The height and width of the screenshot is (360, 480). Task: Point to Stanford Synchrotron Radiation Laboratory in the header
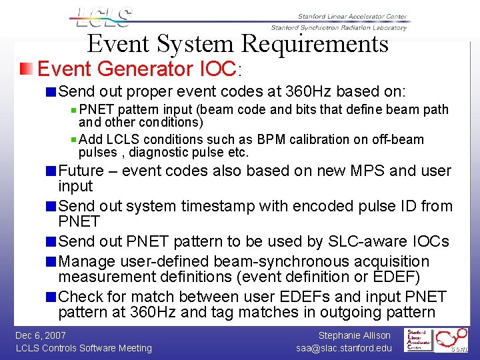pyautogui.click(x=338, y=27)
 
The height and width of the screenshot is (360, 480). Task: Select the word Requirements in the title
pyautogui.click(x=315, y=44)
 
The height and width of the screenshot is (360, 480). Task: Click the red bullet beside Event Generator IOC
pyautogui.click(x=25, y=69)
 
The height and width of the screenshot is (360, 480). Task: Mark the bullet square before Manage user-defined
pyautogui.click(x=51, y=261)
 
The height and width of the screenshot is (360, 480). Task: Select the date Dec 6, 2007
pyautogui.click(x=41, y=335)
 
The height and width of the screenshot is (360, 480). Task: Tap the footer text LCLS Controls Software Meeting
pyautogui.click(x=83, y=348)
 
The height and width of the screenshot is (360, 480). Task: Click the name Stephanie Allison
pyautogui.click(x=354, y=335)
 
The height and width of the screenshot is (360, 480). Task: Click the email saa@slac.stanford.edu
pyautogui.click(x=345, y=348)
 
